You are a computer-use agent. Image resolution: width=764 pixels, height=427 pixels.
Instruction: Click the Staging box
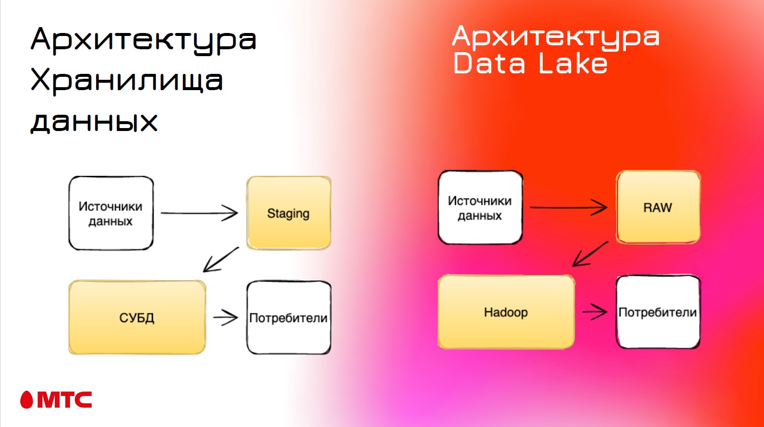288,213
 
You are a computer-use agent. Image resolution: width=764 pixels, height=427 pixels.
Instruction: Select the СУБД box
137,317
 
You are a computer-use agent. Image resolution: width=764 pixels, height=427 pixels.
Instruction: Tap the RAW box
658,207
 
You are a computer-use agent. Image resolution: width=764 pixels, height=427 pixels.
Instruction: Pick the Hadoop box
506,312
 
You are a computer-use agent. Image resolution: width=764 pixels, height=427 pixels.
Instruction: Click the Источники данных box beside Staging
111,213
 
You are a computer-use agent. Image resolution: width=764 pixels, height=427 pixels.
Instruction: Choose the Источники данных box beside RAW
480,208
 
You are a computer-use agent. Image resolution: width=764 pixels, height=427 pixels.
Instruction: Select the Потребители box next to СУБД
288,318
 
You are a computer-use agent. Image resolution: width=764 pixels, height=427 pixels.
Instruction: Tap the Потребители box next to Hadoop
658,312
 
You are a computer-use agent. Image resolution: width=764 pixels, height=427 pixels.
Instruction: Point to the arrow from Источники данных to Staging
199,213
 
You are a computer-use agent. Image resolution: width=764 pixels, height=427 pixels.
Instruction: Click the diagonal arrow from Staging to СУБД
221,259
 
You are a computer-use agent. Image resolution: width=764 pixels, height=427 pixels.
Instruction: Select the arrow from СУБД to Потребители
226,317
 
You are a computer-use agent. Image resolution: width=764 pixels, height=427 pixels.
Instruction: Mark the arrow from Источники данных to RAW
568,207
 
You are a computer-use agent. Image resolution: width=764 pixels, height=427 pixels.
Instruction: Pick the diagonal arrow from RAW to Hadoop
590,254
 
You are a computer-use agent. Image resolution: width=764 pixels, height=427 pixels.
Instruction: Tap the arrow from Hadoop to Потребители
595,311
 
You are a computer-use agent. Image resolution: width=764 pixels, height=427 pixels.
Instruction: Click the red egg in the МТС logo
27,400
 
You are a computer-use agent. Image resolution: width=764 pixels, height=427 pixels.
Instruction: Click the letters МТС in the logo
65,400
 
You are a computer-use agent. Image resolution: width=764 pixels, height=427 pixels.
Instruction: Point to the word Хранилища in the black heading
127,80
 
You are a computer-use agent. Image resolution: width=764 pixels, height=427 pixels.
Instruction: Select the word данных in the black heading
94,121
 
